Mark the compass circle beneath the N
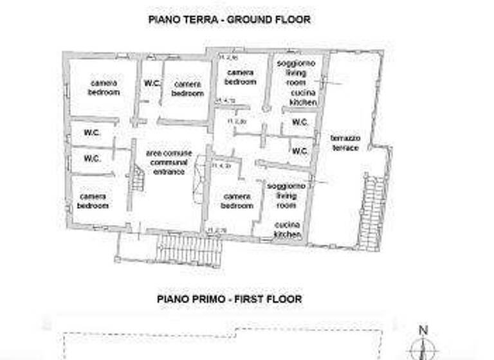(x=423, y=349)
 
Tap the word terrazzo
(x=345, y=139)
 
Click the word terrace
(x=345, y=148)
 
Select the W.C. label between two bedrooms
(x=152, y=83)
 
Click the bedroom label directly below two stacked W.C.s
(x=93, y=201)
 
